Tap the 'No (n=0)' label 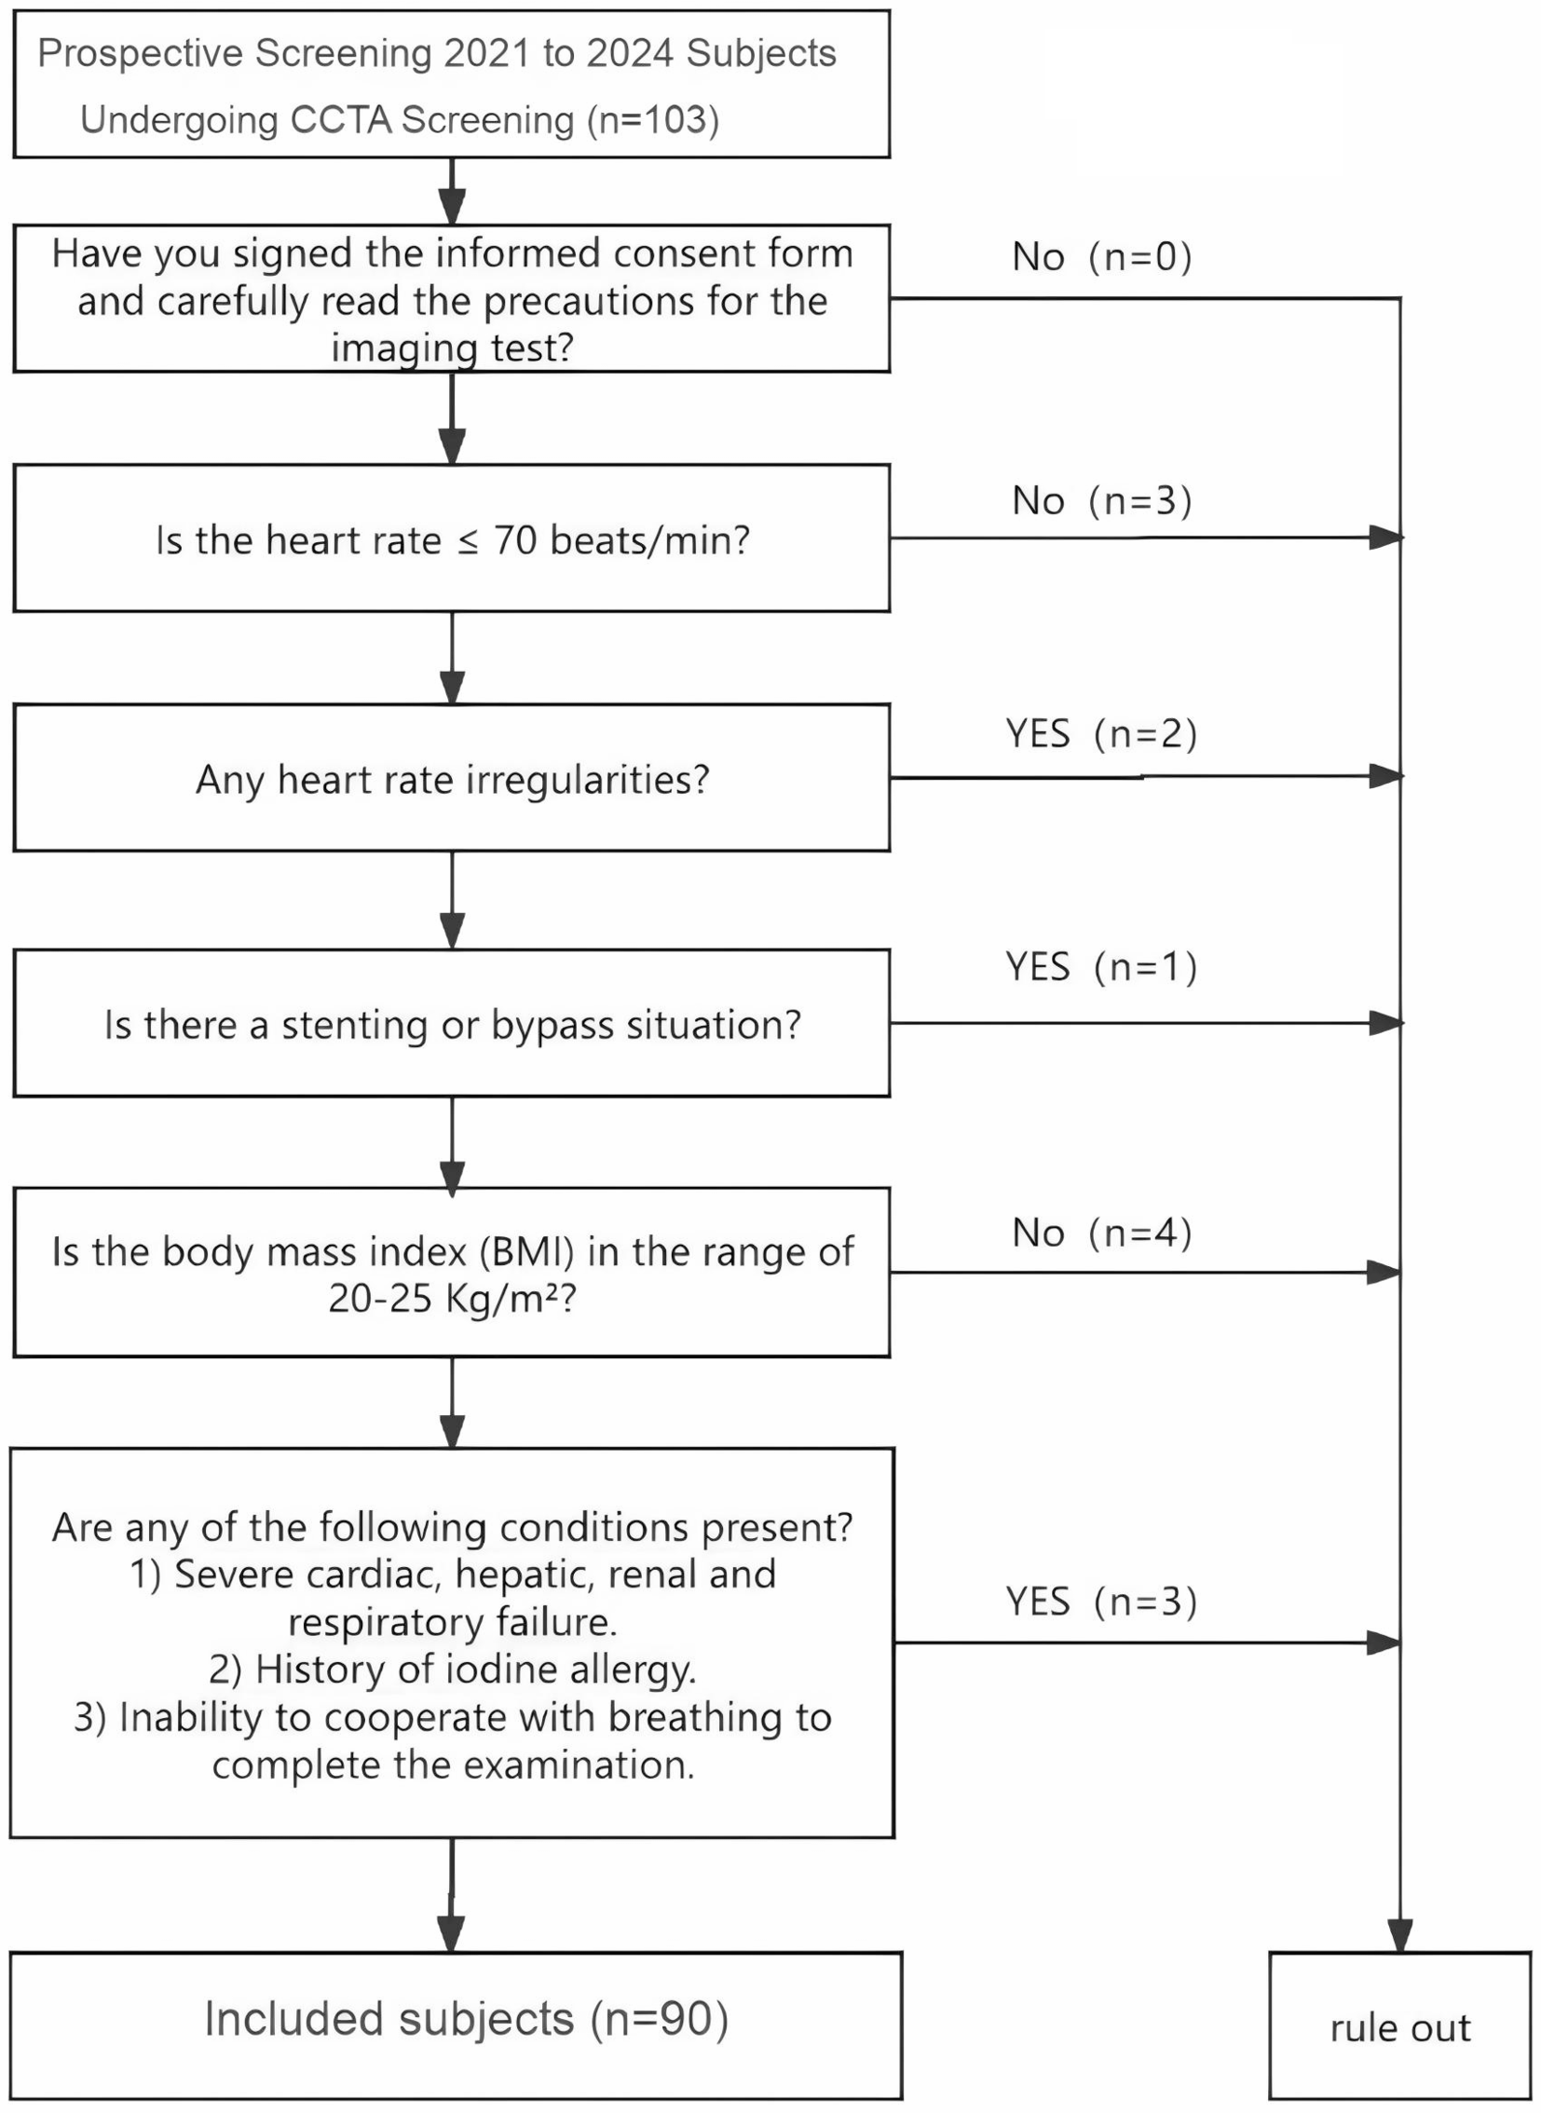point(1101,257)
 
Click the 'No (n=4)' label point(1101,1234)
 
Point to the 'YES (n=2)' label point(1101,734)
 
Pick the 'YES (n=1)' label point(1101,967)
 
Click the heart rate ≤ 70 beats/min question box point(452,539)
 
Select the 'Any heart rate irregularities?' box point(452,779)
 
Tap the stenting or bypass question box point(452,1024)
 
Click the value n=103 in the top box point(653,120)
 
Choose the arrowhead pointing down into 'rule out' point(1399,1936)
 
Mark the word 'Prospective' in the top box point(140,54)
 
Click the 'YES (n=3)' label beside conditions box point(1101,1602)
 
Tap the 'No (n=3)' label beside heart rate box point(1101,501)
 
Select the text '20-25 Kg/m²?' point(453,1299)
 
